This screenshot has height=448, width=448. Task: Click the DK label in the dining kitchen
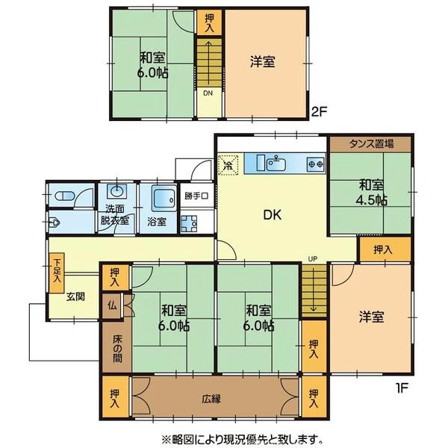tap(272, 215)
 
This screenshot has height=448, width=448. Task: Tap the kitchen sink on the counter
tap(276, 164)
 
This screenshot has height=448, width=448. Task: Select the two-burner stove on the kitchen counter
tap(316, 164)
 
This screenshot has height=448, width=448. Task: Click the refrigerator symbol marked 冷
tap(228, 164)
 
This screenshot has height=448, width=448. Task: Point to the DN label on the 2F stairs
tap(208, 93)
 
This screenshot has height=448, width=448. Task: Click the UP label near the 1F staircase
tap(313, 259)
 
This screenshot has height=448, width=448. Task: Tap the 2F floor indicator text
tap(319, 111)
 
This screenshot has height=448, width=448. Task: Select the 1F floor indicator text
tap(401, 388)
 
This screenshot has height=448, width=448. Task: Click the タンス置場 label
tap(371, 144)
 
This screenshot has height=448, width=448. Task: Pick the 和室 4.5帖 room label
tap(371, 193)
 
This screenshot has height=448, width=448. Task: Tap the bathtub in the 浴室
tap(164, 198)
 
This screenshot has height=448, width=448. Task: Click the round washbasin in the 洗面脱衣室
tap(116, 190)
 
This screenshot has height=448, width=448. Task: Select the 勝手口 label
tap(196, 196)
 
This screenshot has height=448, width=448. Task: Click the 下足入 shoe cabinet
tap(57, 273)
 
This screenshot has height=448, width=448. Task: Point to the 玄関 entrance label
tap(75, 296)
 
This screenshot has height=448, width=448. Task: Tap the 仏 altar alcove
tap(112, 305)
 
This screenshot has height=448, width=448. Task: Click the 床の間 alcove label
tap(117, 349)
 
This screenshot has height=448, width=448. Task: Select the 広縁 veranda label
tap(211, 399)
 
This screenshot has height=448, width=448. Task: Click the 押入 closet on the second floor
tap(209, 23)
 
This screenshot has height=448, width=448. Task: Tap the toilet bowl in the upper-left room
tap(64, 196)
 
